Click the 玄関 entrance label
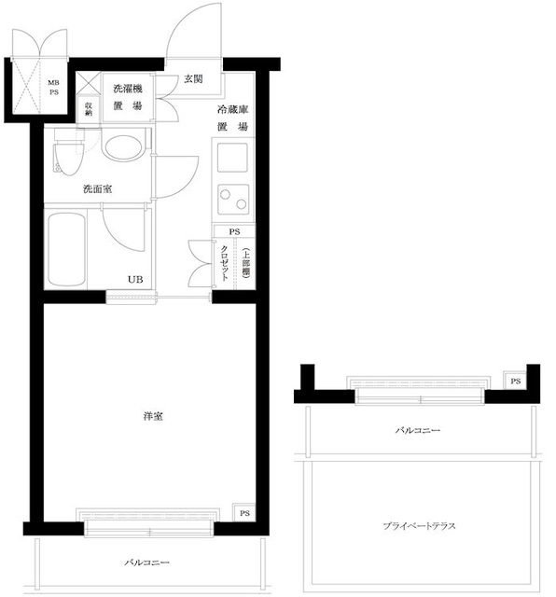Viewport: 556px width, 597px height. click(x=193, y=78)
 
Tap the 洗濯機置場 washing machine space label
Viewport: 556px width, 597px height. click(x=128, y=97)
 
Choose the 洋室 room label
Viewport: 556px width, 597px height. click(x=154, y=414)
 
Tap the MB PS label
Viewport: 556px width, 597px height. click(x=52, y=88)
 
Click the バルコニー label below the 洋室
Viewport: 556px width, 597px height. click(x=149, y=563)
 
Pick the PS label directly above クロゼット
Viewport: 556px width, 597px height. click(x=234, y=231)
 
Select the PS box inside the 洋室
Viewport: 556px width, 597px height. click(x=244, y=513)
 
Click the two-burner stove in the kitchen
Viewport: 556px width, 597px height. click(x=231, y=200)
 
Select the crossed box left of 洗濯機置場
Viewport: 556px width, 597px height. click(x=88, y=80)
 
